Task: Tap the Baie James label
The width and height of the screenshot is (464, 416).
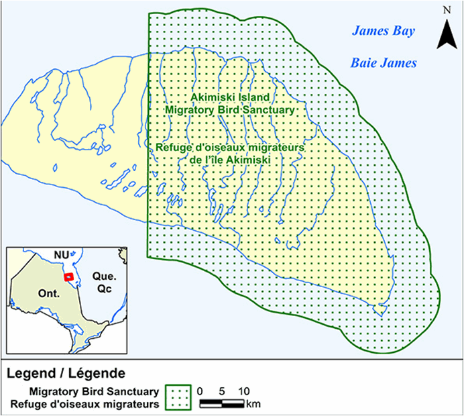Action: tap(384, 63)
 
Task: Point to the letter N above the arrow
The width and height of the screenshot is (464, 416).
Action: tap(446, 10)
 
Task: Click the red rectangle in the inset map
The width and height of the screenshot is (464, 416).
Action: tap(68, 276)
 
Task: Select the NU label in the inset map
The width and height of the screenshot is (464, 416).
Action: tap(62, 256)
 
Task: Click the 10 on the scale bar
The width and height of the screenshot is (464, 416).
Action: tap(244, 391)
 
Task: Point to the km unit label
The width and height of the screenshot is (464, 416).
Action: tap(253, 404)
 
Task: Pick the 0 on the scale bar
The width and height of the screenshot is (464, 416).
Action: tap(202, 391)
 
